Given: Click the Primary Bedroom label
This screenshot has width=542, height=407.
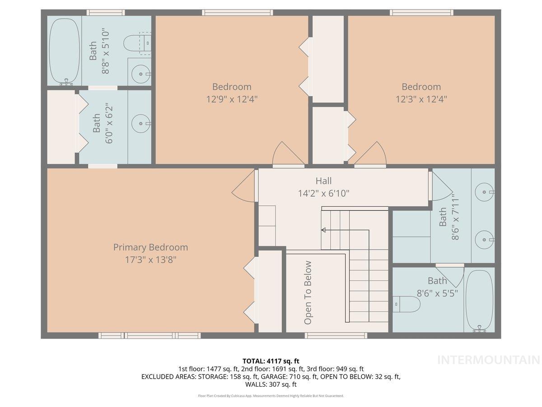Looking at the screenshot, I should click(150, 247).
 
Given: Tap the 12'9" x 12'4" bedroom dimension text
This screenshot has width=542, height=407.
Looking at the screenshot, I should click(232, 99).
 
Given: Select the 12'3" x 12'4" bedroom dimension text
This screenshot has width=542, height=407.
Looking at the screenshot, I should click(421, 99).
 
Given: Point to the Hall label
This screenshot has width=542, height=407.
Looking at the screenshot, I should click(323, 181).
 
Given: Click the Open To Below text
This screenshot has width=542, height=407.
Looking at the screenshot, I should click(308, 293).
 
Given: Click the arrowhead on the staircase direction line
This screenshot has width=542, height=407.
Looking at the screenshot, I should click(324, 230).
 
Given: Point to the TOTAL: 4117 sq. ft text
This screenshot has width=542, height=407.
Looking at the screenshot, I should click(271, 361).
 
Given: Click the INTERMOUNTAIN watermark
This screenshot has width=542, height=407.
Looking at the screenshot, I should click(489, 360).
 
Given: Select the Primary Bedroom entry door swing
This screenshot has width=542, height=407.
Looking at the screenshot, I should click(244, 185).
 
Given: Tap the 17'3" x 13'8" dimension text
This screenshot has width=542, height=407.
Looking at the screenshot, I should click(150, 260).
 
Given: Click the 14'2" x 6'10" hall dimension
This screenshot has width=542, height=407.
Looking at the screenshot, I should click(323, 193).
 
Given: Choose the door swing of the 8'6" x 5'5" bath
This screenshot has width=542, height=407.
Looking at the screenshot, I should click(450, 275).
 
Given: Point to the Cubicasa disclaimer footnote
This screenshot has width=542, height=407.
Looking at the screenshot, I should click(271, 396).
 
